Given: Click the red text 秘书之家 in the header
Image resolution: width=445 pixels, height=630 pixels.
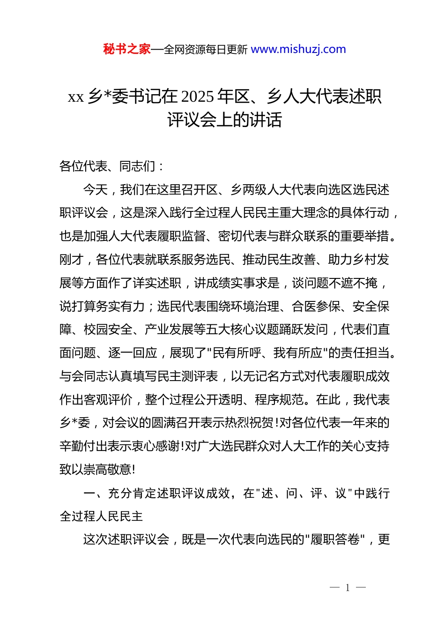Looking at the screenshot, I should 127,49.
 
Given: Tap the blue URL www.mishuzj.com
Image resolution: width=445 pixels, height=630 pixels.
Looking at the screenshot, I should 298,49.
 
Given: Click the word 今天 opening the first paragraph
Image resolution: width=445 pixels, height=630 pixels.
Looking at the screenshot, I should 96,190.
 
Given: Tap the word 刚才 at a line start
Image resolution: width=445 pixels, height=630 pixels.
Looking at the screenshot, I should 71,260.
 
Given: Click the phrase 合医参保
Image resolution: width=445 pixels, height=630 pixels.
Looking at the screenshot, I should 316,307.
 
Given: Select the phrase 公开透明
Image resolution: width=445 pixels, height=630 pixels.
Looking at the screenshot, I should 218,400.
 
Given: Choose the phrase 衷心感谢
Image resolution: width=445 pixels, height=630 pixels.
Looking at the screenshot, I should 156,446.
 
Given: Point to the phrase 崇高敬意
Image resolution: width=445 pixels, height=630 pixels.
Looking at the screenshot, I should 108,470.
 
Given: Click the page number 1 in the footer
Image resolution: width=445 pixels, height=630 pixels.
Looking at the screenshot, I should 348,588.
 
